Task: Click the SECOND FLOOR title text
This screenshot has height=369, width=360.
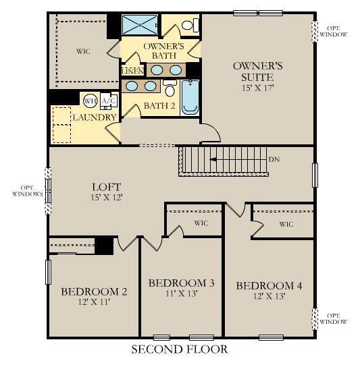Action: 179,349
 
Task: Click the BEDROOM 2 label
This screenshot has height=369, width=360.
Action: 94,292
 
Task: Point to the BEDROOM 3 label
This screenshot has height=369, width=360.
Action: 181,283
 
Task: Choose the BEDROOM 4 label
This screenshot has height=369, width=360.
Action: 269,287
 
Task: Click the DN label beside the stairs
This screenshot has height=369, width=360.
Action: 274,160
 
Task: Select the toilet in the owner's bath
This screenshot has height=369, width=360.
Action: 191,26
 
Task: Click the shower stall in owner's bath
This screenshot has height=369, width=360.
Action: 139,25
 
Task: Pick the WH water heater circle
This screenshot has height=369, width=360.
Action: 91,101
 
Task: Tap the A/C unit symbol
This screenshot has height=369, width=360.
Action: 108,101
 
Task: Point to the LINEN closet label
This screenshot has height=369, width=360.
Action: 131,71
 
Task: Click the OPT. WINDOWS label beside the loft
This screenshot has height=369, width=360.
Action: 27,191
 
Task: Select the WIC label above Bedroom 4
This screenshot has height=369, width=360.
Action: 286,225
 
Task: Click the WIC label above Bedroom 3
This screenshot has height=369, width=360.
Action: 201,223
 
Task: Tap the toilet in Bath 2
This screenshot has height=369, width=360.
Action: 170,89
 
